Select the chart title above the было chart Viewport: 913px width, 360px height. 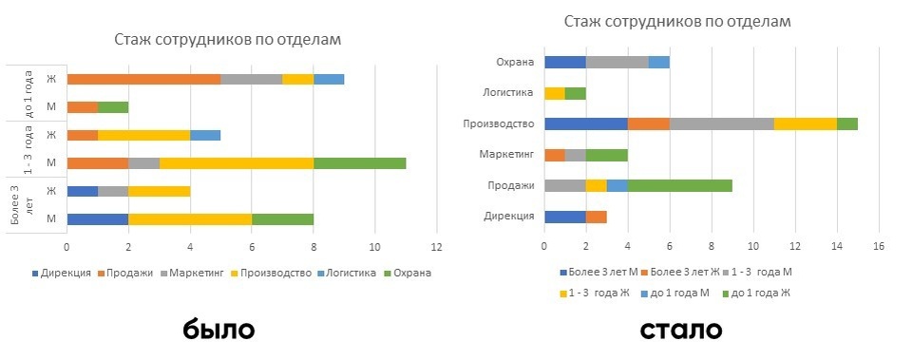pos(227,39)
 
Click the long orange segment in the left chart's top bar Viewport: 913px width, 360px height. pos(143,79)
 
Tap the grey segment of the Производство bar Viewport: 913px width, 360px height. pos(722,123)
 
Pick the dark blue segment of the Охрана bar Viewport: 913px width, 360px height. pos(564,62)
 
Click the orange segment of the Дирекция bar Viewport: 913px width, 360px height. pos(596,216)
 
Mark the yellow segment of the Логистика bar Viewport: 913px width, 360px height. pos(554,93)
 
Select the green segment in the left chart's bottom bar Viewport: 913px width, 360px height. pos(282,218)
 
